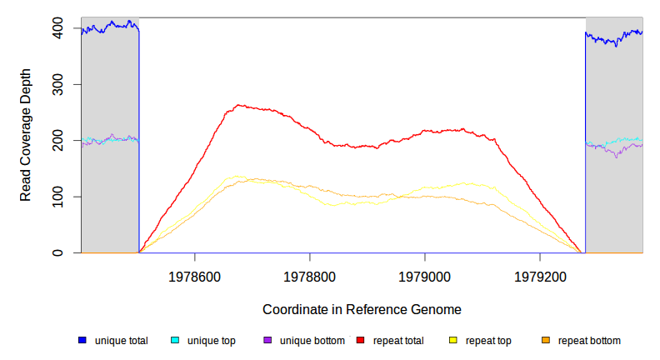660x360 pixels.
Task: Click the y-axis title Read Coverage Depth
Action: click(x=26, y=134)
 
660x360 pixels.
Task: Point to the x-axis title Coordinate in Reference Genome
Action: click(x=362, y=309)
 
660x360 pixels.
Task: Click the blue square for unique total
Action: click(x=82, y=340)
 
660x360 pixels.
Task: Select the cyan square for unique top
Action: click(x=175, y=340)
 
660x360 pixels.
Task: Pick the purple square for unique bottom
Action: click(x=267, y=340)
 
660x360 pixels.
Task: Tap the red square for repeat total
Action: click(x=360, y=340)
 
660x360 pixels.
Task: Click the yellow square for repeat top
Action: click(x=453, y=340)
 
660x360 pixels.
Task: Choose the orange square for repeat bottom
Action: click(x=546, y=340)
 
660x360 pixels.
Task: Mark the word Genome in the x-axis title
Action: click(x=437, y=309)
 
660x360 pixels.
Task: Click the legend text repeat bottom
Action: click(x=589, y=340)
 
